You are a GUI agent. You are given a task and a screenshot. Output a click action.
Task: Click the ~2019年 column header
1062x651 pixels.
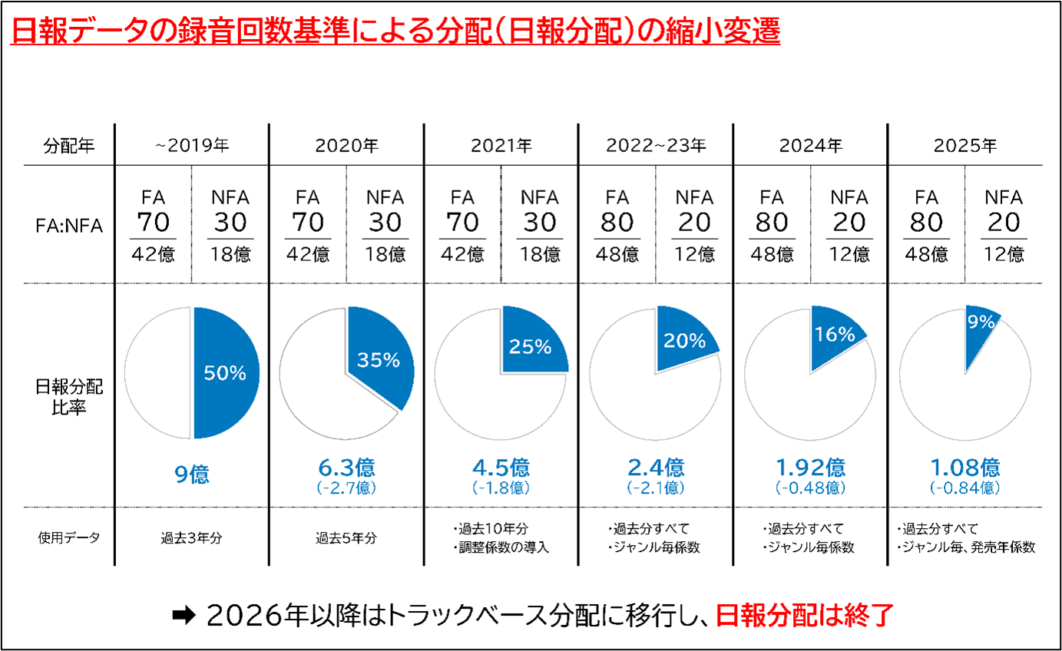click(x=191, y=145)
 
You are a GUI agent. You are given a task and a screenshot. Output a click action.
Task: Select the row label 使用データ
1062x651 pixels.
click(x=68, y=537)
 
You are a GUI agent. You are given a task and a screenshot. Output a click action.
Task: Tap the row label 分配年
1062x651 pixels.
click(x=68, y=145)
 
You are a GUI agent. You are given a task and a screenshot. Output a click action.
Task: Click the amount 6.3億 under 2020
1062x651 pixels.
click(x=346, y=468)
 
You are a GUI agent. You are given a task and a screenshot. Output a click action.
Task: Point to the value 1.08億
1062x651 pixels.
click(x=964, y=468)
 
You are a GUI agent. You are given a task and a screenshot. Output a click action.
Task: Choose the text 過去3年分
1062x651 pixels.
click(x=191, y=538)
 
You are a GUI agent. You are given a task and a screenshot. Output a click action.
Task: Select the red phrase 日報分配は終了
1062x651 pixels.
click(x=804, y=616)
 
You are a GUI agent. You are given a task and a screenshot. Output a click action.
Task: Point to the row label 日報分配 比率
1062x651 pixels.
click(x=68, y=397)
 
